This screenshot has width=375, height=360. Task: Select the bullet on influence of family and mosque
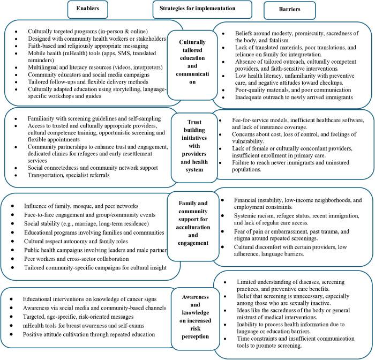(x=73, y=206)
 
